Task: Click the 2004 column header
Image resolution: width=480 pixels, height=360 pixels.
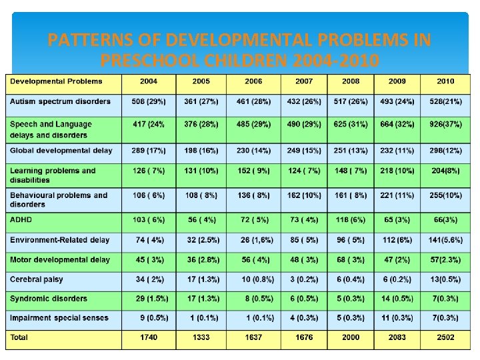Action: [149, 81]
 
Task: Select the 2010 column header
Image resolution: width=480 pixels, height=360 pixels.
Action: [445, 81]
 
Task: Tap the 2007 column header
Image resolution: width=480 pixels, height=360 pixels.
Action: [303, 81]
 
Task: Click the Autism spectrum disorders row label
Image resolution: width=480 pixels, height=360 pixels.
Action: [60, 101]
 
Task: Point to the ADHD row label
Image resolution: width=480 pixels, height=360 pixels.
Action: [21, 219]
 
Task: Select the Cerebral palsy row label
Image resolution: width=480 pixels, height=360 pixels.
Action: [36, 279]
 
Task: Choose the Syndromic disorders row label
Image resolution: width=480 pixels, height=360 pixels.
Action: [49, 299]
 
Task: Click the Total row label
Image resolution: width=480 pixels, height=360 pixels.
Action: [19, 337]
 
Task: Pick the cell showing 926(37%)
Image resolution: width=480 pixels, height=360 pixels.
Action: [445, 125]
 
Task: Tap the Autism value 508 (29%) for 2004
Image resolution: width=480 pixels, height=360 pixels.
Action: [149, 101]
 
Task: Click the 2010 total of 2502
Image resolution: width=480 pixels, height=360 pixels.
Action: [445, 337]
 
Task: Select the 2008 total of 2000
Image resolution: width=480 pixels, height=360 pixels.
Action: [350, 337]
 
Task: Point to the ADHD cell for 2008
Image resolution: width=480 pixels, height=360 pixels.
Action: [350, 219]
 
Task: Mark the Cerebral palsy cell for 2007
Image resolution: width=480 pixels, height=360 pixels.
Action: [303, 279]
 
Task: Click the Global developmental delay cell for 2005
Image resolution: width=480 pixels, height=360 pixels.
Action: [201, 151]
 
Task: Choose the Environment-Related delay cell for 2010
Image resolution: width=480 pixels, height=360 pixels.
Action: [445, 239]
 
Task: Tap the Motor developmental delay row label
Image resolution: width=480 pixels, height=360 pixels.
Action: [60, 259]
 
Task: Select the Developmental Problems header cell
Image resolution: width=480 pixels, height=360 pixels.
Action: [56, 81]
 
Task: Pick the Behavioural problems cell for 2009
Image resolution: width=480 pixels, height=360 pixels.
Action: [397, 195]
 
